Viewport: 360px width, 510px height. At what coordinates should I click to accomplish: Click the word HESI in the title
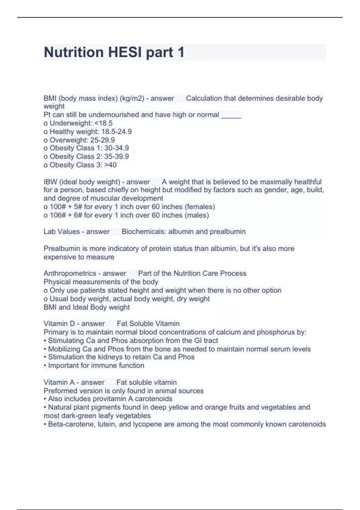point(125,52)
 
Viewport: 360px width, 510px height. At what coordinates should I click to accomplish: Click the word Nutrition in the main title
point(74,52)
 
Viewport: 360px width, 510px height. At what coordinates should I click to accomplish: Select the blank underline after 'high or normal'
point(231,115)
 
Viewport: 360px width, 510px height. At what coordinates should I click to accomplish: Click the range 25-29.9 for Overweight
point(102,140)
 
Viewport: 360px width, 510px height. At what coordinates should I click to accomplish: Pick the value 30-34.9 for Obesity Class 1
point(116,148)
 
